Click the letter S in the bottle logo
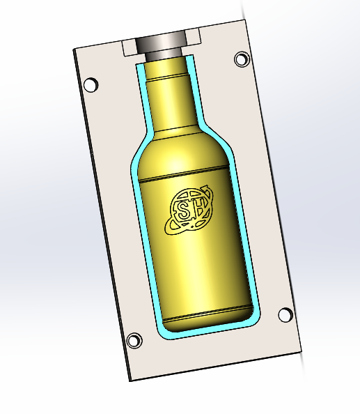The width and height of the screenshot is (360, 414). [184, 210]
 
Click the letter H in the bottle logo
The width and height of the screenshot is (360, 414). [200, 207]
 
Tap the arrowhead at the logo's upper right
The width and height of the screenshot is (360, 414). [205, 188]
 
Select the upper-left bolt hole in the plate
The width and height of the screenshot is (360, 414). [91, 84]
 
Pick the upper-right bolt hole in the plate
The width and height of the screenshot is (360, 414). [242, 59]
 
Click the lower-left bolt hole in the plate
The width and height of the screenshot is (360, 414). [134, 340]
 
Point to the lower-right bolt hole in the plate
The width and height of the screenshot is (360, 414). [285, 315]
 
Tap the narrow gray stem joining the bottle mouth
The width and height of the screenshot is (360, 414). [164, 56]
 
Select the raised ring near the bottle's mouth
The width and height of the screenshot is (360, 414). [166, 77]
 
